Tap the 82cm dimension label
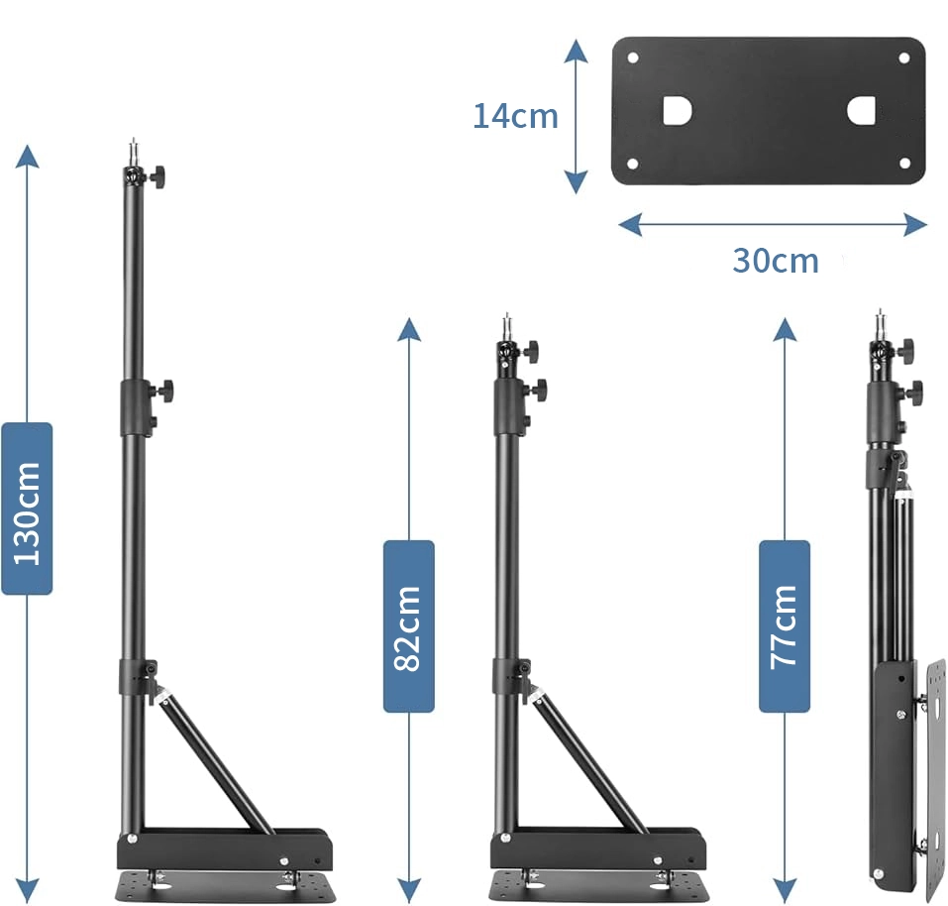click(409, 626)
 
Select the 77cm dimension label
click(785, 626)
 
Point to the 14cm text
click(515, 116)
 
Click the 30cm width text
click(776, 261)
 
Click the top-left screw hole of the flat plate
click(633, 58)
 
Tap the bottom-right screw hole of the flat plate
click(905, 164)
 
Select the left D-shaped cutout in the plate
click(678, 111)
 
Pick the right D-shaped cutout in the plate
click(862, 111)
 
